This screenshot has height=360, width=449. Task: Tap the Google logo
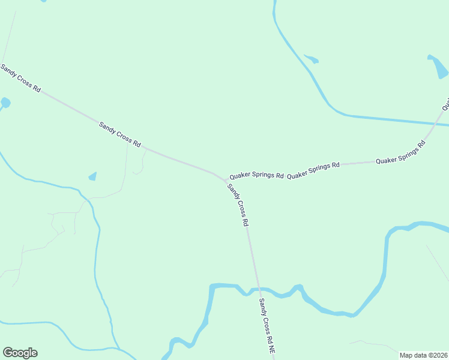20,353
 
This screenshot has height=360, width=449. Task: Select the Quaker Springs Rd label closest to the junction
256,176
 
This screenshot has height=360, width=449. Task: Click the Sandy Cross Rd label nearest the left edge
20,78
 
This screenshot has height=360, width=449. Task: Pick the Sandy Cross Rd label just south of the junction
238,205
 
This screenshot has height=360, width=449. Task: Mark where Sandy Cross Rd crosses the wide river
259,290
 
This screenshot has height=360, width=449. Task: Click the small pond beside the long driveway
92,176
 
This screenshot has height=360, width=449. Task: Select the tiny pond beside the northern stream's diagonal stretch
312,59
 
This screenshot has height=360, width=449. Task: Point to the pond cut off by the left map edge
5,103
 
